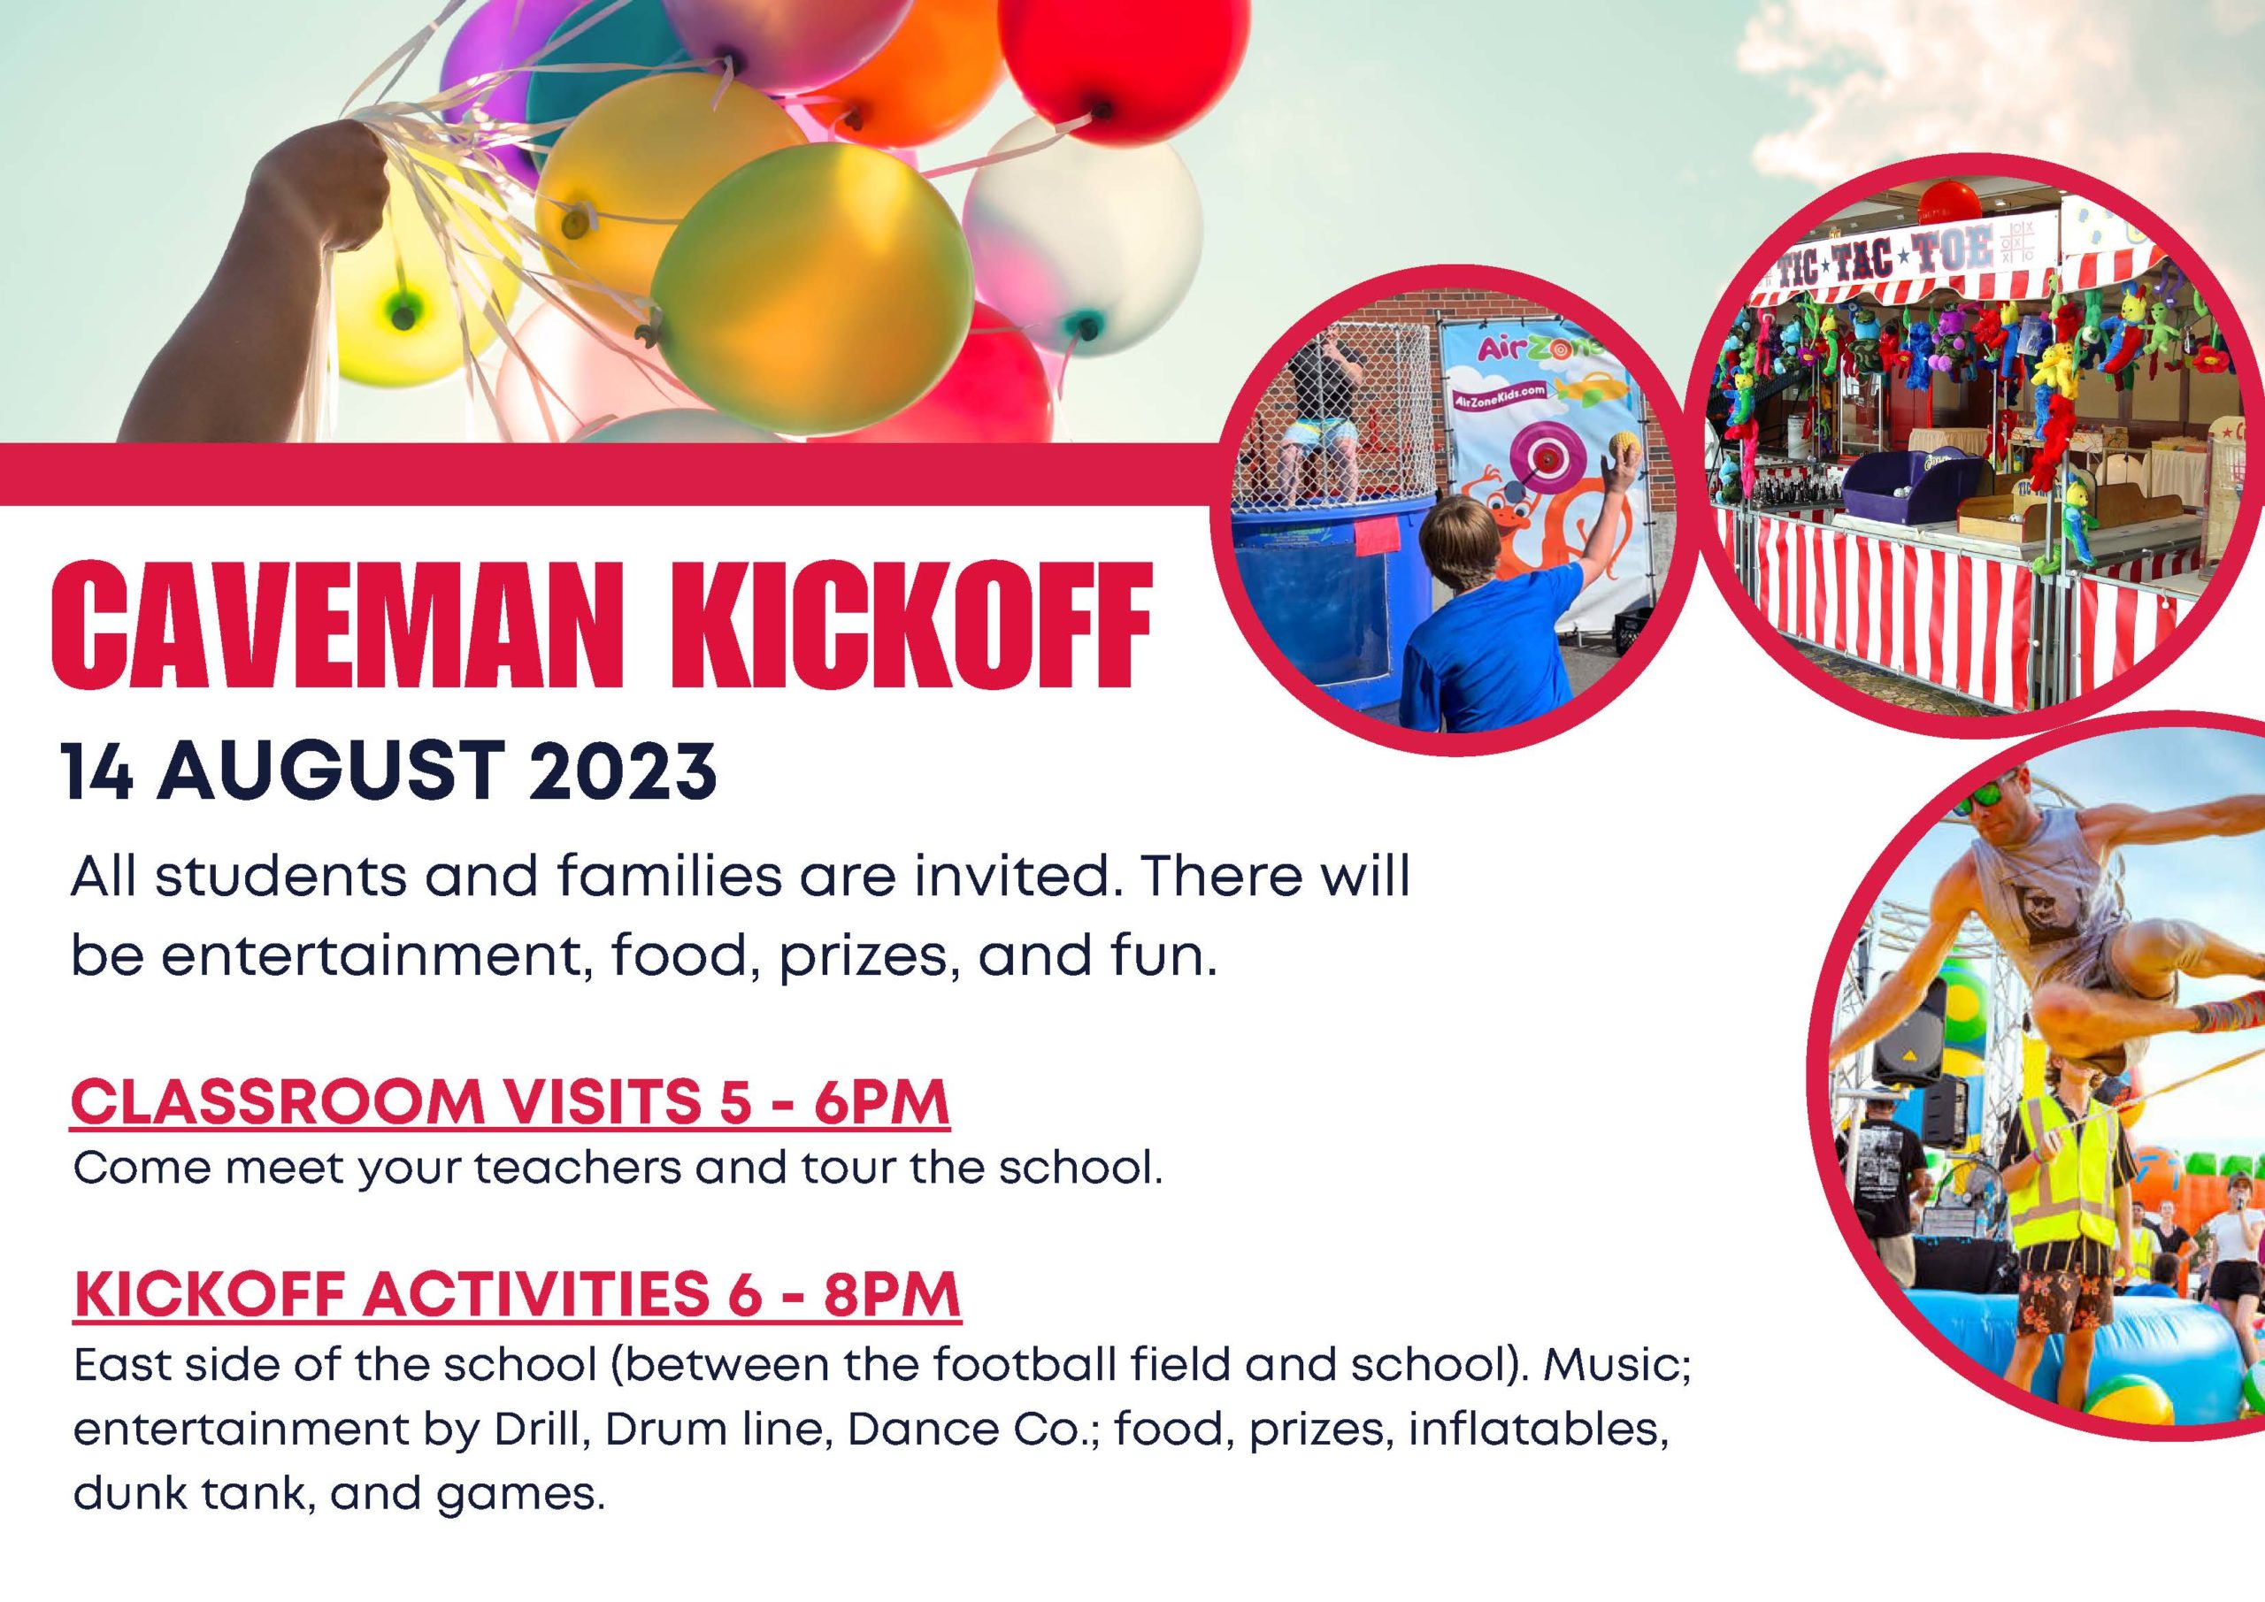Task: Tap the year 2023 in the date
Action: pyautogui.click(x=620, y=771)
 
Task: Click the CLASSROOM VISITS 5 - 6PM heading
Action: pyautogui.click(x=510, y=1103)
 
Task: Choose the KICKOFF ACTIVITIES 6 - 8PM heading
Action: pyautogui.click(x=517, y=1294)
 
